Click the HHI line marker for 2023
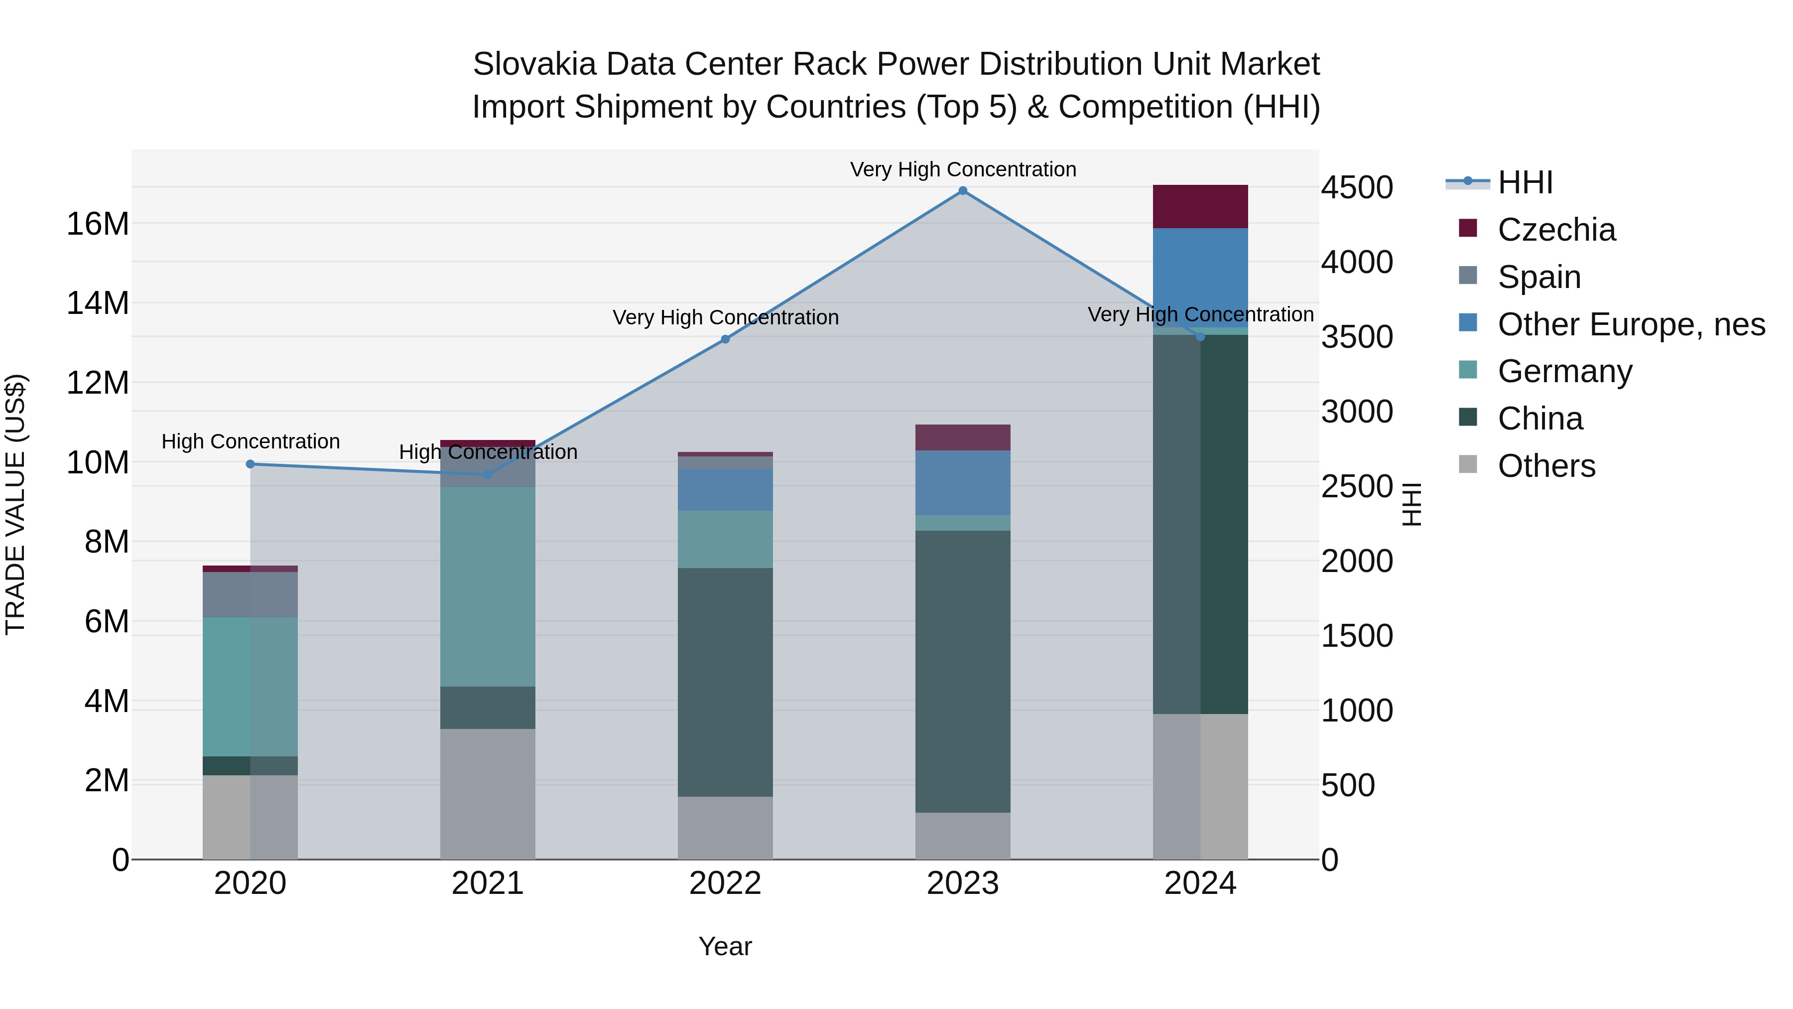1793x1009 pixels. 963,191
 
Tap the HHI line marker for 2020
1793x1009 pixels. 251,464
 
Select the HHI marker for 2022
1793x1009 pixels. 725,339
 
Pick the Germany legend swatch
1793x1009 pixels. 1468,370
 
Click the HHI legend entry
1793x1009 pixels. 1525,182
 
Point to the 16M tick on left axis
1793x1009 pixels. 98,224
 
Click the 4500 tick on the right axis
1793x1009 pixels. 1357,188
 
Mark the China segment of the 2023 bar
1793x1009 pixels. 963,671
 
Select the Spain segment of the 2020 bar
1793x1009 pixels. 251,594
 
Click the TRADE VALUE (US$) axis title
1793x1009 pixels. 15,504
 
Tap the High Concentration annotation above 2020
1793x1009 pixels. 251,441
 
